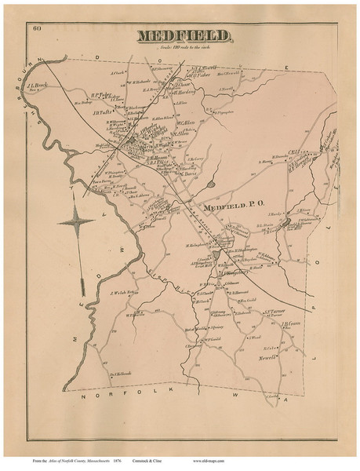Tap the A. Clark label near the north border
[118, 75]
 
